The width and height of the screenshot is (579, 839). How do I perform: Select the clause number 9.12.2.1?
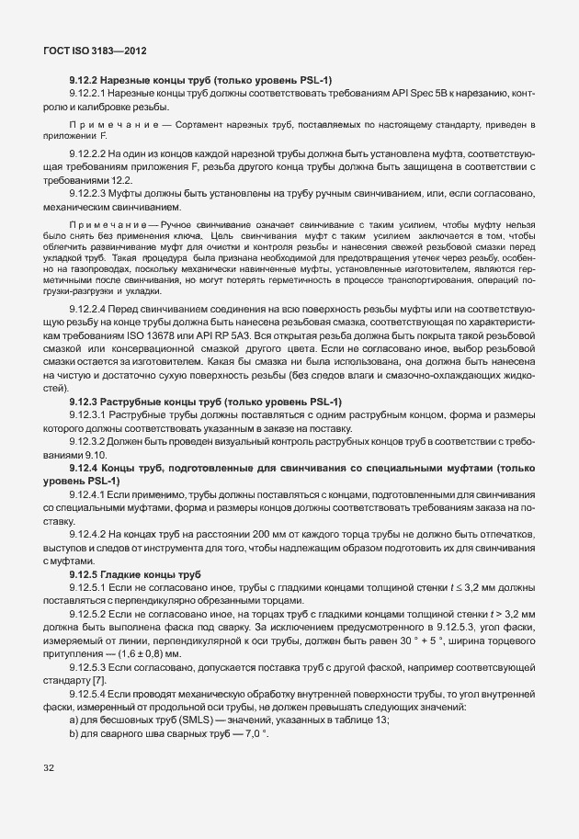pos(89,95)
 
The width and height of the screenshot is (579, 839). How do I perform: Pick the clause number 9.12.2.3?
pos(89,194)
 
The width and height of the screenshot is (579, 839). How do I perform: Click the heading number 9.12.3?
pos(85,402)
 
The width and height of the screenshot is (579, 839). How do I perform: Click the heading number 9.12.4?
pos(85,469)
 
